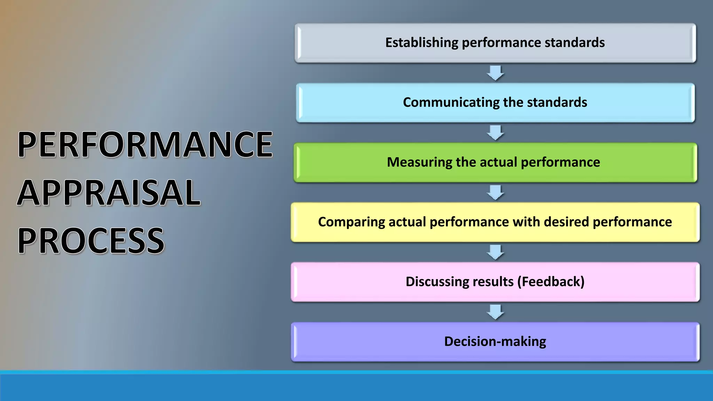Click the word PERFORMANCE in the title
[x=145, y=144]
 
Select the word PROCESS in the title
[x=91, y=241]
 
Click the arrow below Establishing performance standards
[x=495, y=73]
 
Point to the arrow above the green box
[x=495, y=133]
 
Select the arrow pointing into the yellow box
[x=495, y=192]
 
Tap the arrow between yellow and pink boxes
[x=495, y=252]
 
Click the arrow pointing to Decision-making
[x=495, y=312]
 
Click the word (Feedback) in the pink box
[x=551, y=282]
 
